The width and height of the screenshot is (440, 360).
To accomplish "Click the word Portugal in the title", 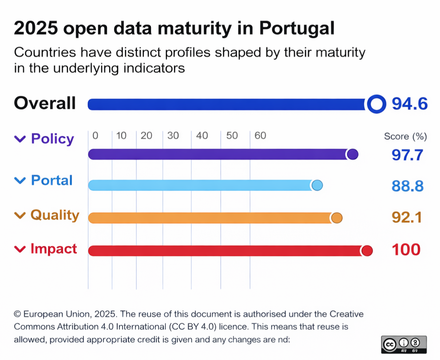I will coord(296,29).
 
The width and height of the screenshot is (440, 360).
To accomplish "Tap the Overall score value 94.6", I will coord(409,104).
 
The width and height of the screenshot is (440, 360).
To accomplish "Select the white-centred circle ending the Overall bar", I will coord(376,104).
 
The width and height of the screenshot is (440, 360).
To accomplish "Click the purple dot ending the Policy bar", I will coord(352,154).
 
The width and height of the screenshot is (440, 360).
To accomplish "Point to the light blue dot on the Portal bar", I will coord(317,186).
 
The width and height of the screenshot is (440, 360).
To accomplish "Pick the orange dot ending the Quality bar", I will coord(337,218).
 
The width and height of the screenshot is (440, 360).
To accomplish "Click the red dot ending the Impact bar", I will coord(367,251).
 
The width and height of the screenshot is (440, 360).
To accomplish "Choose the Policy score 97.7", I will coord(407,155).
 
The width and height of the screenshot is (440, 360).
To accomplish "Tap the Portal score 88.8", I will coord(407,186).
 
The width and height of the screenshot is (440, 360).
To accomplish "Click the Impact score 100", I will coord(406,249).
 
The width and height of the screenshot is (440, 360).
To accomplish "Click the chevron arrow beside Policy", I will coord(20,139).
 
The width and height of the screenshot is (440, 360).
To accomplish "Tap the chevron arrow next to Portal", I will coord(20,180).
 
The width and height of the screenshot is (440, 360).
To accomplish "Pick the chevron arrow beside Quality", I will coord(20,215).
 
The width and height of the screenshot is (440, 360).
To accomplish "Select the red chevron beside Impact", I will coord(20,249).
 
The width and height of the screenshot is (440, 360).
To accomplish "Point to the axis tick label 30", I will coord(173,136).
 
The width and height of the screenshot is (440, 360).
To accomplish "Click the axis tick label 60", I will coord(260,136).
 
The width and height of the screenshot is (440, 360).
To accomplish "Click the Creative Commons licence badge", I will coord(404,344).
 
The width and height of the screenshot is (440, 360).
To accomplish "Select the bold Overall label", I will coord(45,103).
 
